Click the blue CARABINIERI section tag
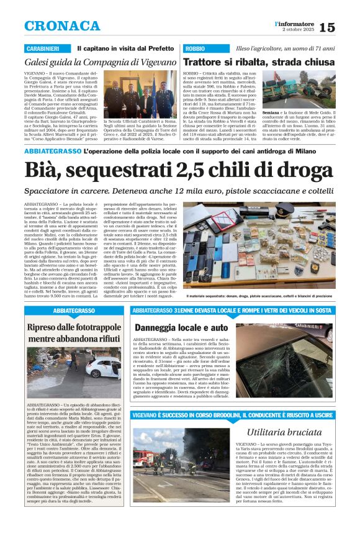tap(42, 48)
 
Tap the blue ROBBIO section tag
tap(194, 48)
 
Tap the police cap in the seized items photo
tap(316, 211)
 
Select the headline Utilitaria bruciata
tap(284, 431)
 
